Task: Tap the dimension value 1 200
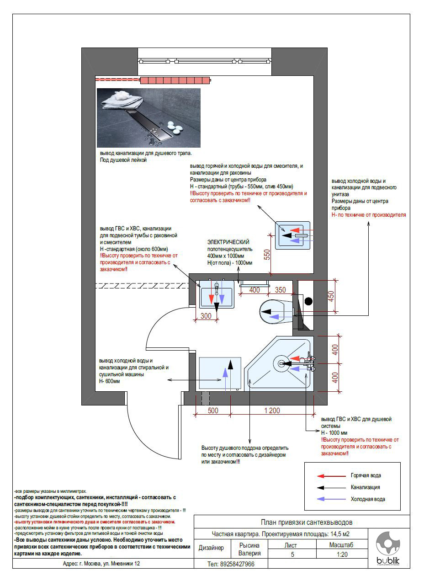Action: [x=272, y=410]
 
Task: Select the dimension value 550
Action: [x=267, y=254]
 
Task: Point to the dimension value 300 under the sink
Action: [x=206, y=316]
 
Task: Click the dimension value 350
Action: [x=280, y=290]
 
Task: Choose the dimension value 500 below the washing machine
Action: [x=213, y=410]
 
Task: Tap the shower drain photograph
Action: [x=148, y=117]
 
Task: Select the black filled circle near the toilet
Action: [x=309, y=301]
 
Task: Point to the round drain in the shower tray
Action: [x=280, y=364]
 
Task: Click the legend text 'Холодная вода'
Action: [x=367, y=499]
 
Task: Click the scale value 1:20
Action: [x=341, y=554]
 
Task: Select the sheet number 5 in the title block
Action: [x=292, y=554]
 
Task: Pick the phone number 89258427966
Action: [x=231, y=564]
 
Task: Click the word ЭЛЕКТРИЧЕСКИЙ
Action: [x=228, y=242]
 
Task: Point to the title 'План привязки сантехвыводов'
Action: [x=306, y=522]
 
